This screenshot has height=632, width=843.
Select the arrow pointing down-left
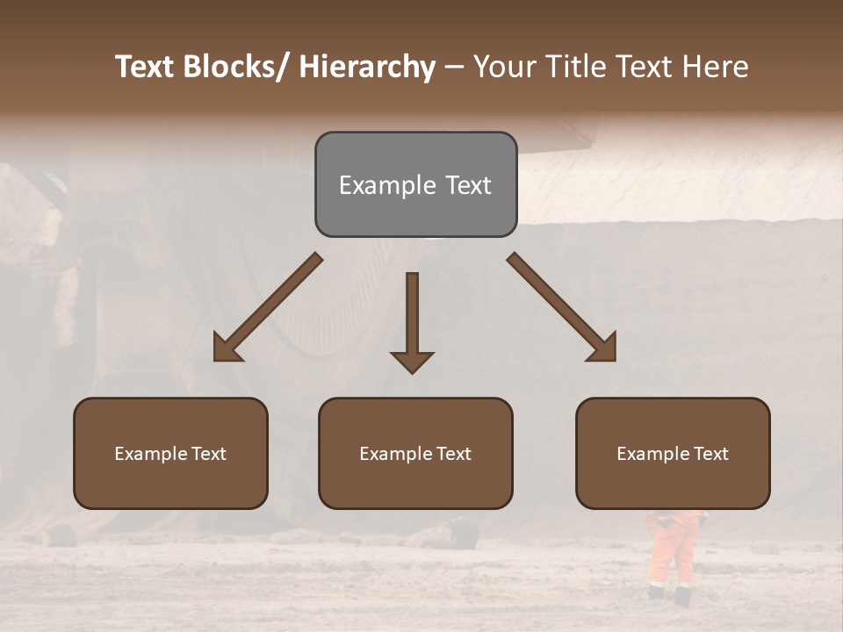268,307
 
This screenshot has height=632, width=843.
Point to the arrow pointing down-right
562,307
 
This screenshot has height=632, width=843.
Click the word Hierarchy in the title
366,67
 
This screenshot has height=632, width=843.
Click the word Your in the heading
503,67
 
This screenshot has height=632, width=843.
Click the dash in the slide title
454,68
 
